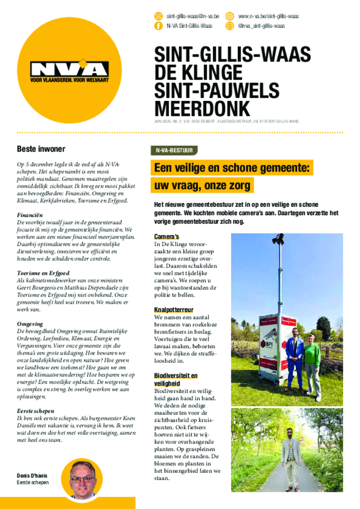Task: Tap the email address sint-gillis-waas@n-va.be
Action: click(192, 16)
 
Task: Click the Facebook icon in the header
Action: click(159, 26)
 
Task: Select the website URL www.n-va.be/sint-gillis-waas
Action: click(268, 16)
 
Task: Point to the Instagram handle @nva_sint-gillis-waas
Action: click(261, 26)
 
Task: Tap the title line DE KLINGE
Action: click(198, 73)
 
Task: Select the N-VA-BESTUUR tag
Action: click(174, 150)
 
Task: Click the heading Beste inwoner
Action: click(41, 149)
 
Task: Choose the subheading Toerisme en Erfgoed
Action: click(43, 273)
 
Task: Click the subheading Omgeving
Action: click(30, 324)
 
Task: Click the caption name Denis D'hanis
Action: click(32, 476)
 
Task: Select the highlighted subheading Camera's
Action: click(166, 236)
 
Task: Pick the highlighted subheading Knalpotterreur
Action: click(174, 310)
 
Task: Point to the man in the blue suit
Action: click(294, 359)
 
